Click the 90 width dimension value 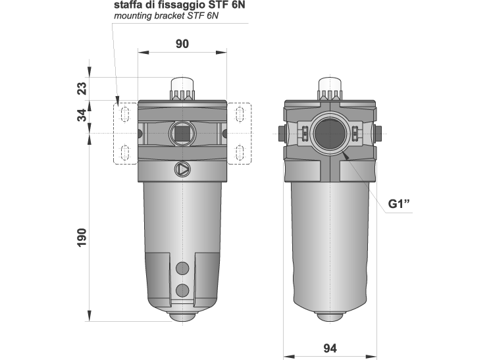tap(182, 44)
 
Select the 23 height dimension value tap(82, 88)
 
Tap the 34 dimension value tap(82, 115)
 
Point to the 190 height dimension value tap(82, 236)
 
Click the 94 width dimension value tap(330, 347)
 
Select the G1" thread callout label tap(400, 203)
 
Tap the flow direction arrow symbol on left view tap(182, 169)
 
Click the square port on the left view tap(182, 134)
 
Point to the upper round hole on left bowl tap(182, 267)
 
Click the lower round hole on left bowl tap(182, 290)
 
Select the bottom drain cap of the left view tap(182, 317)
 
